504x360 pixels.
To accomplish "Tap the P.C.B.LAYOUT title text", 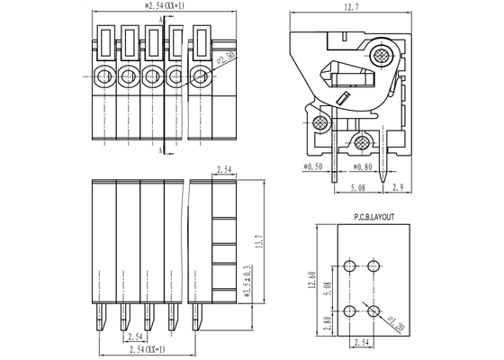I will point(361,217).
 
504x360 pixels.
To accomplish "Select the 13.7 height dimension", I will point(261,244).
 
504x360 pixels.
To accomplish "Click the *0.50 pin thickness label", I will point(312,166).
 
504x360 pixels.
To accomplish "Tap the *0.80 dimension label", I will point(363,166).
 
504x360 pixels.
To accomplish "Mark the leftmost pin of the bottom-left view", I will point(99,314).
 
